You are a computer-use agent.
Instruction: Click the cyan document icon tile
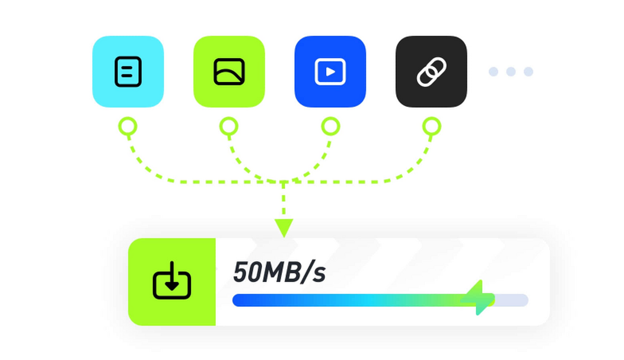coord(128,72)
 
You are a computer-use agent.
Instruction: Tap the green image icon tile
coord(229,72)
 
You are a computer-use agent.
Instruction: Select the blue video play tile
coord(330,72)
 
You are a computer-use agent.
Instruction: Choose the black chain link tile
coord(432,72)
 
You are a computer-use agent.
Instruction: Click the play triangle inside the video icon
coord(331,72)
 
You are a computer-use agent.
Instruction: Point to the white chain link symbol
coord(432,72)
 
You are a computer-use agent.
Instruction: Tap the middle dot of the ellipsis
coord(511,72)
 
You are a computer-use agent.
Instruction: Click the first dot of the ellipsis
coord(493,72)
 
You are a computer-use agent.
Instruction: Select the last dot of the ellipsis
coord(528,72)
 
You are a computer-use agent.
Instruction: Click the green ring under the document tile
coord(128,126)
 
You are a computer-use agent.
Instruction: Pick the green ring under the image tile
coord(229,126)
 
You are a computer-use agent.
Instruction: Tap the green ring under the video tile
coord(331,126)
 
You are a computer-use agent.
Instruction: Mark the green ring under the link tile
coord(432,126)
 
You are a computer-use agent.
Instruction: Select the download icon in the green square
coord(172,280)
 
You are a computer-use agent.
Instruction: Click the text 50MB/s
coord(279,272)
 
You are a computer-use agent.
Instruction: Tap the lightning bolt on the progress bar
coord(477,298)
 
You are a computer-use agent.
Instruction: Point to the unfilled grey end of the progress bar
coord(512,300)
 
